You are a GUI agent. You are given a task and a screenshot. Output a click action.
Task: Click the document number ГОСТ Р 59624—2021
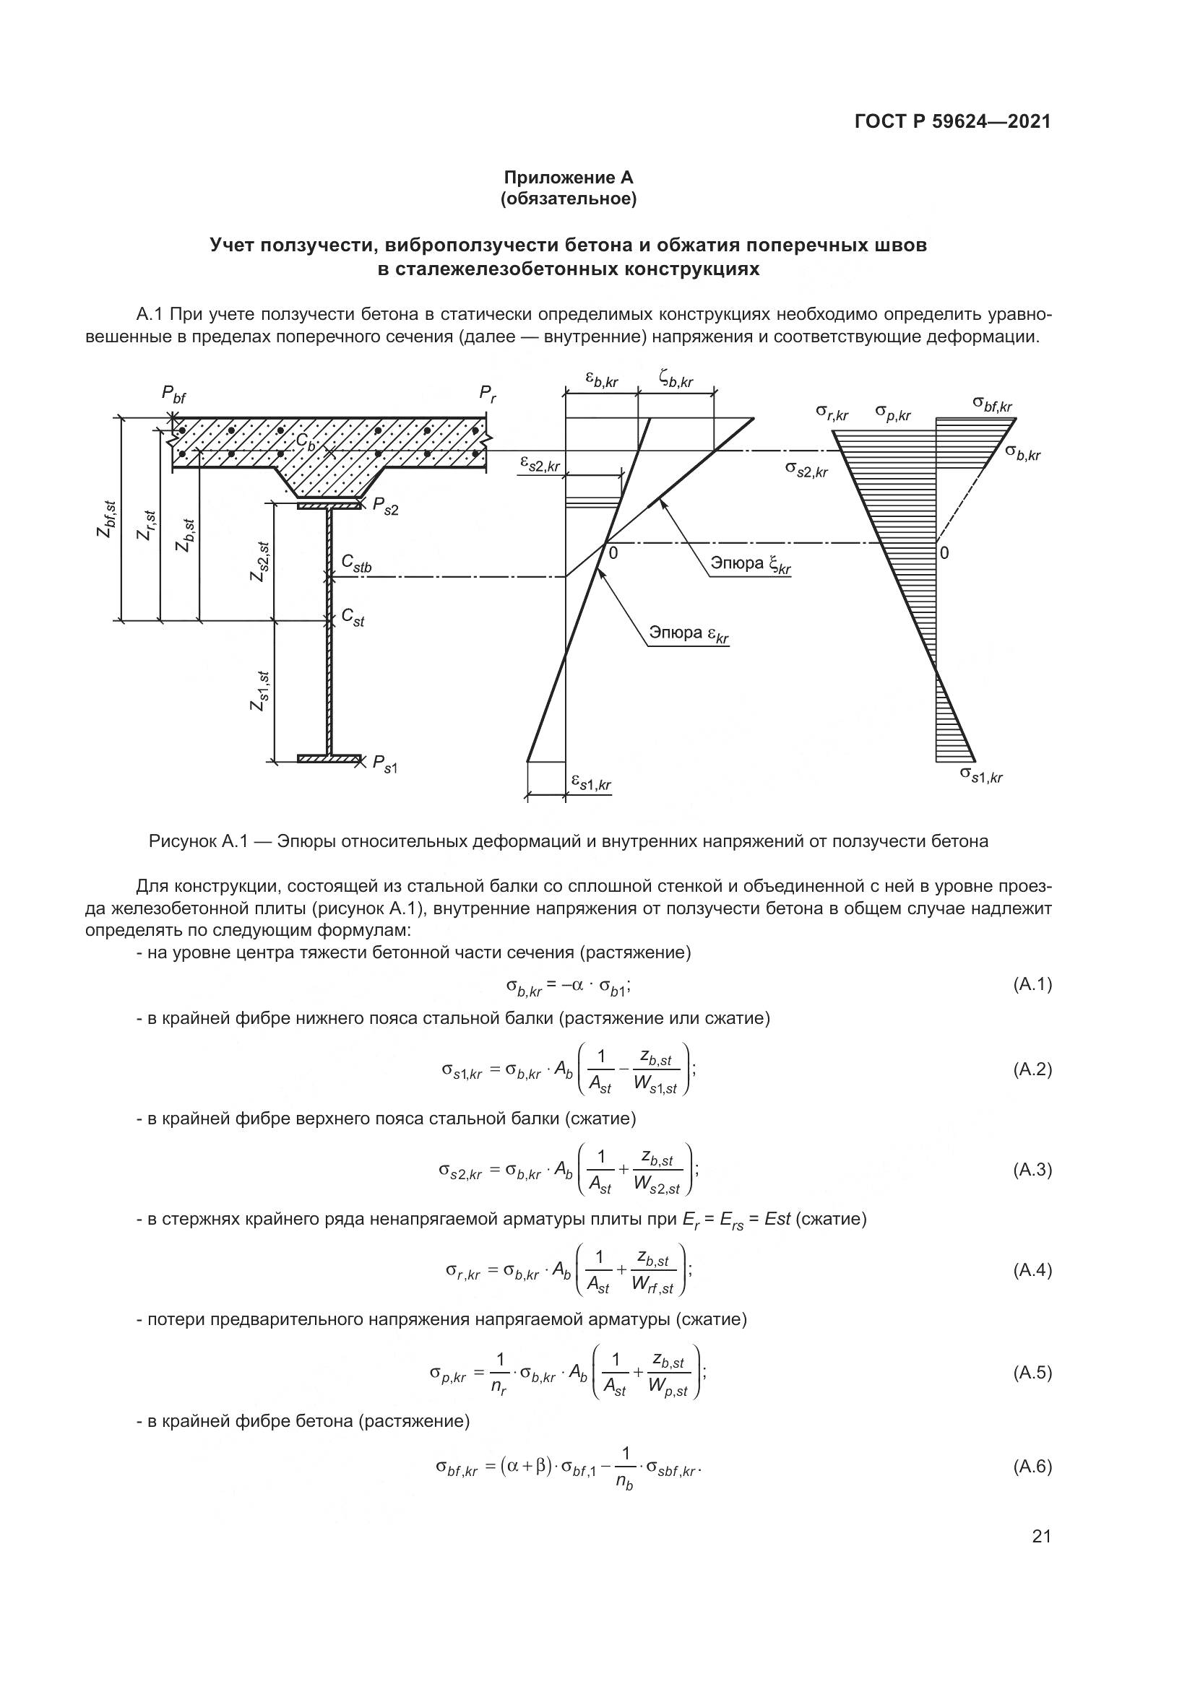click(x=952, y=122)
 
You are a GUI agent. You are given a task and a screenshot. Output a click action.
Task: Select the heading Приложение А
click(x=568, y=178)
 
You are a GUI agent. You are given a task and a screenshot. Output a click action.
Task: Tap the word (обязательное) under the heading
click(x=568, y=199)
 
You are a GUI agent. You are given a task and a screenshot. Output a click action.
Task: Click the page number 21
click(x=1041, y=1536)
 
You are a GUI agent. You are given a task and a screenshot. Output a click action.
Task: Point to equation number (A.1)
click(x=1032, y=984)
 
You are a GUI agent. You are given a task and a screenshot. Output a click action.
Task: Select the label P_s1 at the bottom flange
click(x=385, y=764)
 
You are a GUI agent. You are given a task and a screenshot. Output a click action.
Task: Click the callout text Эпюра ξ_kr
click(x=751, y=565)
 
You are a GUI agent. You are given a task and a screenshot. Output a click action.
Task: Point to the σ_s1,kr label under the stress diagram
click(x=981, y=775)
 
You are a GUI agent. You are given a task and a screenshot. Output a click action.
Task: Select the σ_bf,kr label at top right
click(x=992, y=404)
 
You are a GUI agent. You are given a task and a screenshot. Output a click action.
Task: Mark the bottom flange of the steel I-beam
click(x=329, y=758)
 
